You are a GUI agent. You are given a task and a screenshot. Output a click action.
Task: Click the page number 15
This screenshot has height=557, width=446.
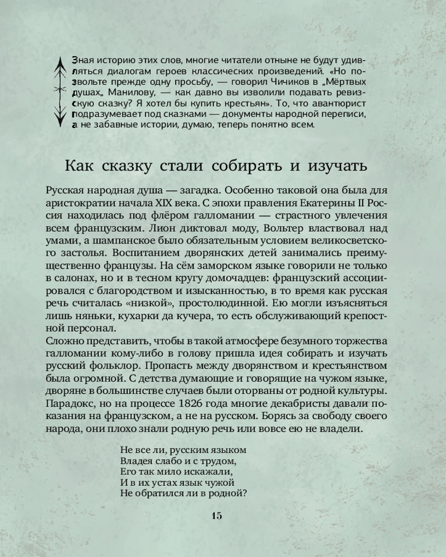click(x=216, y=515)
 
